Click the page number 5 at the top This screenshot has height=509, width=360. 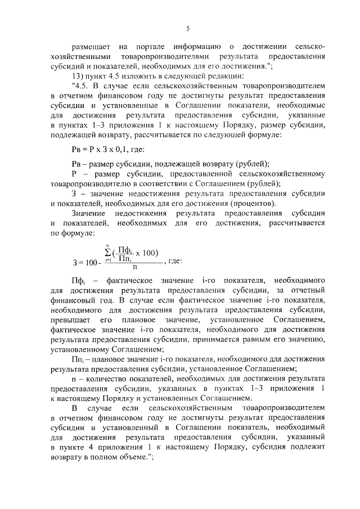click(x=188, y=28)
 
